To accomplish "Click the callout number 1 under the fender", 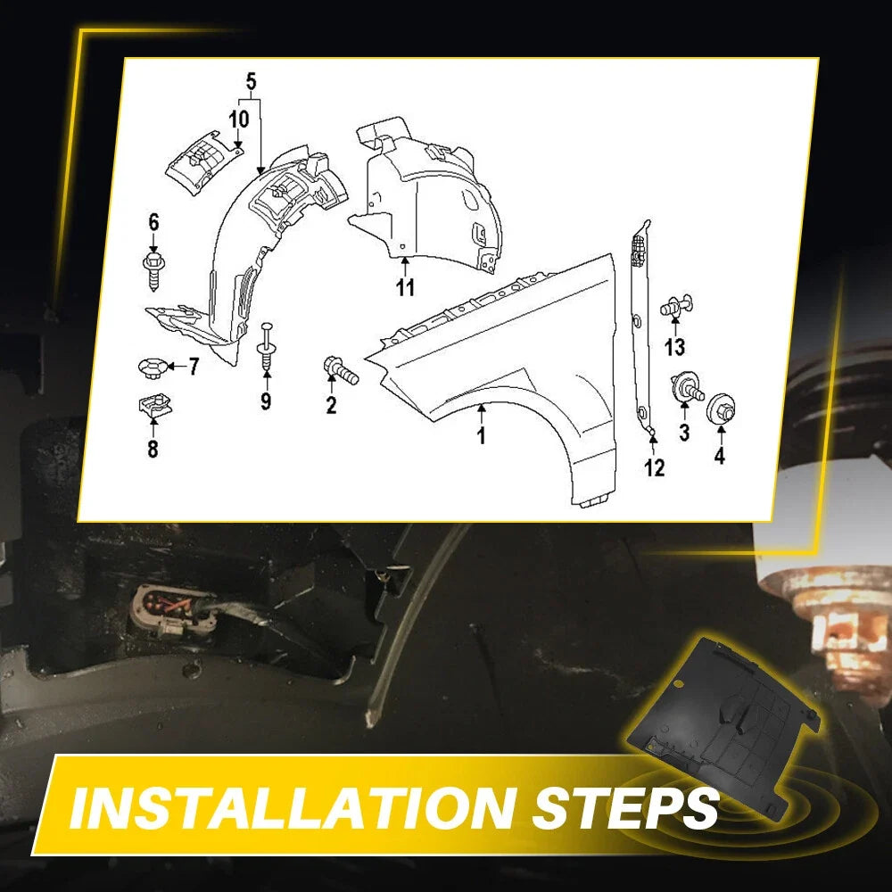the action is [x=482, y=435].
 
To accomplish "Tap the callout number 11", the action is [x=405, y=287].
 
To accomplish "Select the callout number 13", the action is [x=675, y=346].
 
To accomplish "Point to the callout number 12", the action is [x=654, y=467].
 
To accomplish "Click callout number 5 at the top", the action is [x=251, y=82].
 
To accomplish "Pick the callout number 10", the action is [x=239, y=120].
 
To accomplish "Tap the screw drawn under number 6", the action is [x=153, y=272].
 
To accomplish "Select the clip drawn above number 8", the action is [x=154, y=406].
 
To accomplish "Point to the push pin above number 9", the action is [x=267, y=346].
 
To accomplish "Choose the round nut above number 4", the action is [x=721, y=408].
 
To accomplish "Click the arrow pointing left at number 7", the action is [x=177, y=367].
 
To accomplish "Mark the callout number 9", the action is [x=266, y=401].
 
